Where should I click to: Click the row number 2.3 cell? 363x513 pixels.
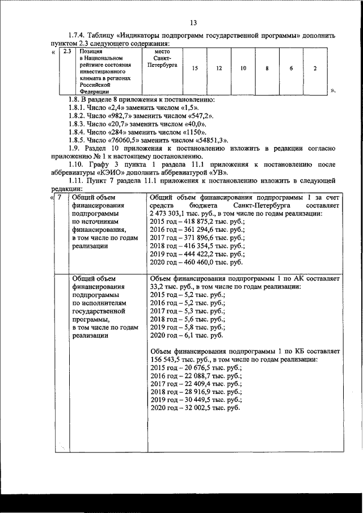click(x=67, y=52)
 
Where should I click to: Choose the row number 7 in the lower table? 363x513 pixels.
click(x=60, y=198)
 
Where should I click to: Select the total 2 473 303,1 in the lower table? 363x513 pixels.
click(x=172, y=214)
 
